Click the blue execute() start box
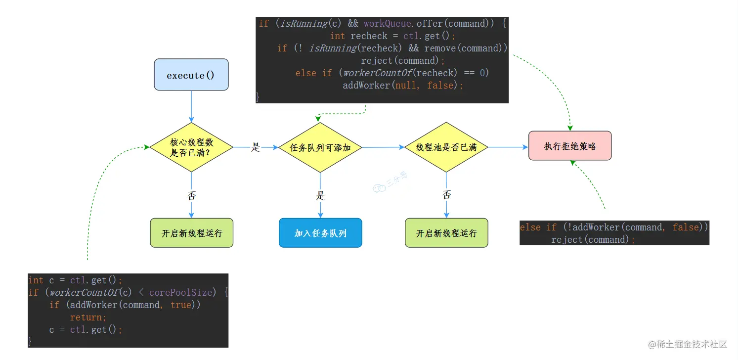[x=191, y=75]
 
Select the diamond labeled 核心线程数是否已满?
[x=191, y=147]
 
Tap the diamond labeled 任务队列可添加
[x=320, y=147]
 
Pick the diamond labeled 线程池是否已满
[x=446, y=147]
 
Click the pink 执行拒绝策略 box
[x=570, y=146]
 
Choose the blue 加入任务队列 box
[x=320, y=233]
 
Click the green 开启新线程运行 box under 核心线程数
[x=191, y=233]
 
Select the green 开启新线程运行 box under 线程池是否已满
[x=446, y=233]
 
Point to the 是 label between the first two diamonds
[x=256, y=147]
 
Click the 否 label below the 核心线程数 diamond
[x=192, y=195]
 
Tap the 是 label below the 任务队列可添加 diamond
[x=320, y=195]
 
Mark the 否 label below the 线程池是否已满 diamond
[x=447, y=194]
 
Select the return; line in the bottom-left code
[x=88, y=317]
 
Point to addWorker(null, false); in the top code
[x=403, y=85]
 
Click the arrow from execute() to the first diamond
[x=191, y=106]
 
